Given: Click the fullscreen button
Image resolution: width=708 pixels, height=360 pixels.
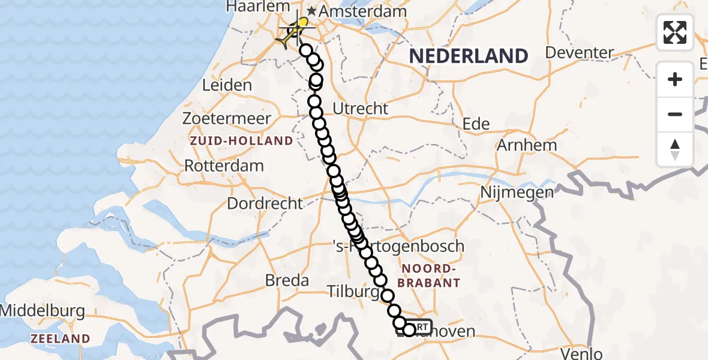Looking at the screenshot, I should click(675, 32).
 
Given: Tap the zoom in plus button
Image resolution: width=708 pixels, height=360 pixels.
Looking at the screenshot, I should click(675, 79).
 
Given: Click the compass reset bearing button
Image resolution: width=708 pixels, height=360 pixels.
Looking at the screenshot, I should click(675, 149).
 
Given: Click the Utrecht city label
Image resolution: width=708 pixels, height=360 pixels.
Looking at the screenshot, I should click(361, 109).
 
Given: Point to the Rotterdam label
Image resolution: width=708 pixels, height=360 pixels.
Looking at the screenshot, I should click(224, 166).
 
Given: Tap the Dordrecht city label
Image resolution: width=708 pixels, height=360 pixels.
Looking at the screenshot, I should click(265, 203).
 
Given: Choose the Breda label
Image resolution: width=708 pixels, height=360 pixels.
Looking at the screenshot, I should click(287, 280).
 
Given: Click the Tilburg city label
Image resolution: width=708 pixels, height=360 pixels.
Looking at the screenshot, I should click(353, 292).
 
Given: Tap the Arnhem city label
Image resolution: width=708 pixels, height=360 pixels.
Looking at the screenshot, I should click(527, 145).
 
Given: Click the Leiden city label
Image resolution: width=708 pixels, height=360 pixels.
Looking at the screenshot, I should click(227, 85).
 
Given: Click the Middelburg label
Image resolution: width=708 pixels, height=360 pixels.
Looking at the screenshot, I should click(41, 311).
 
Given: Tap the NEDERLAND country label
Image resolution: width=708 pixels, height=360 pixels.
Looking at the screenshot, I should click(468, 56).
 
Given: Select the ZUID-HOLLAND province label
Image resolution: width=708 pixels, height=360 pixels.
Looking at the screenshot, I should click(242, 141).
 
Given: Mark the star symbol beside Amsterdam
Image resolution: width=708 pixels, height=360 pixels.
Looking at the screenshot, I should click(311, 11).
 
